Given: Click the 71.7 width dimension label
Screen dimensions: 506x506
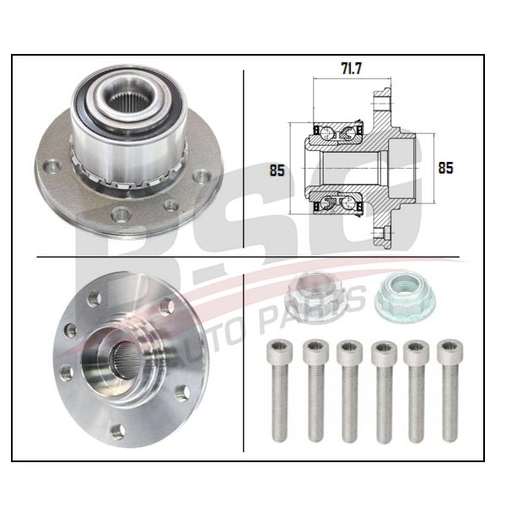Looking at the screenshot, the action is [x=352, y=68].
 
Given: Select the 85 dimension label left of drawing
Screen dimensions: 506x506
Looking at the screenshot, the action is [x=277, y=170].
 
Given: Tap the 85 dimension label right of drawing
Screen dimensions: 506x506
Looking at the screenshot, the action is [x=445, y=168].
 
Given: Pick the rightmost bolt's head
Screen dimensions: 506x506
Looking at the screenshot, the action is [x=449, y=349].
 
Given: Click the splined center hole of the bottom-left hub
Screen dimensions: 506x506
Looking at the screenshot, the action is [x=126, y=360].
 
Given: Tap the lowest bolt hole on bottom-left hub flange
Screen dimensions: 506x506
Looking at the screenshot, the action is [x=117, y=432].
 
